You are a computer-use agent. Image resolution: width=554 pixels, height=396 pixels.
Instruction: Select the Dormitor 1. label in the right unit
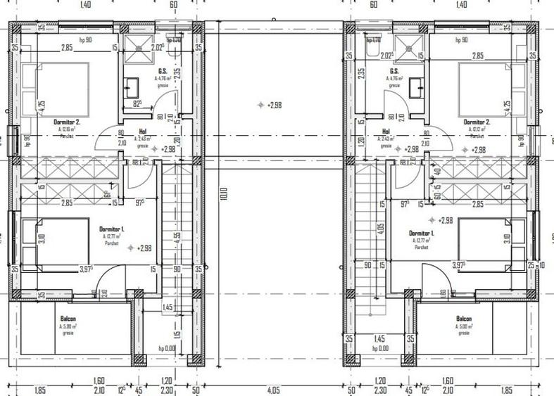[x=422, y=232]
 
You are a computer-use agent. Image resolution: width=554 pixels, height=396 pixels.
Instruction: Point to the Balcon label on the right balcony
[x=464, y=319]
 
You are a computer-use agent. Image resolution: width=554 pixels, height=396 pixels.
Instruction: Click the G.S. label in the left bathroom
[x=162, y=71]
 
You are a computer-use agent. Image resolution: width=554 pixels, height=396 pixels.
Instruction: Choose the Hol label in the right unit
[x=386, y=132]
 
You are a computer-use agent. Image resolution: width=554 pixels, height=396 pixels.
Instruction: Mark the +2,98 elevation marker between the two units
[x=268, y=105]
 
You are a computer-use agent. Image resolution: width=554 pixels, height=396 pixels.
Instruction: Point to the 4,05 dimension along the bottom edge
[x=274, y=389]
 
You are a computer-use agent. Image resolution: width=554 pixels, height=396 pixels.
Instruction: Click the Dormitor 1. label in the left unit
[x=112, y=229]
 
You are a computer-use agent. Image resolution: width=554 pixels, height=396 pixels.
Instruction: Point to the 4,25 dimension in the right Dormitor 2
[x=507, y=107]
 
